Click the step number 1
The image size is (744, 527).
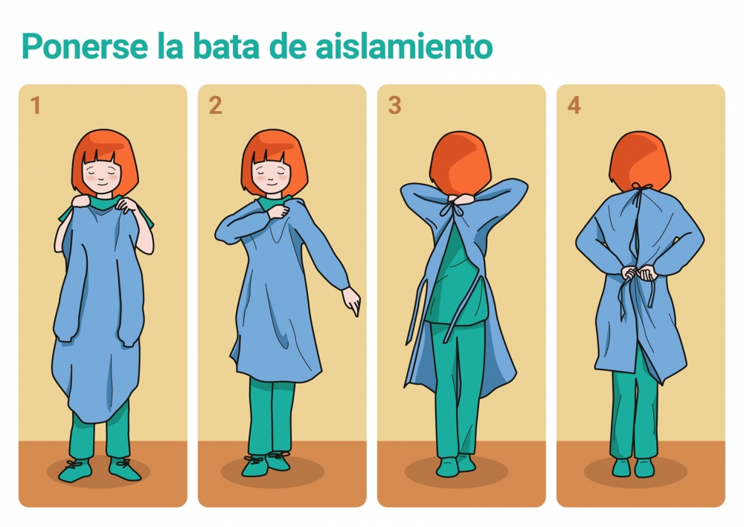tap(35, 106)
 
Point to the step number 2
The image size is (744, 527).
tap(215, 106)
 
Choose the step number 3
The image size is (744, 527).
tap(394, 106)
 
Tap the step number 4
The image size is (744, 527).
tap(574, 106)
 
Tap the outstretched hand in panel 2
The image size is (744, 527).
tap(351, 301)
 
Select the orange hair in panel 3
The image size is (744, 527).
tap(459, 160)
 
